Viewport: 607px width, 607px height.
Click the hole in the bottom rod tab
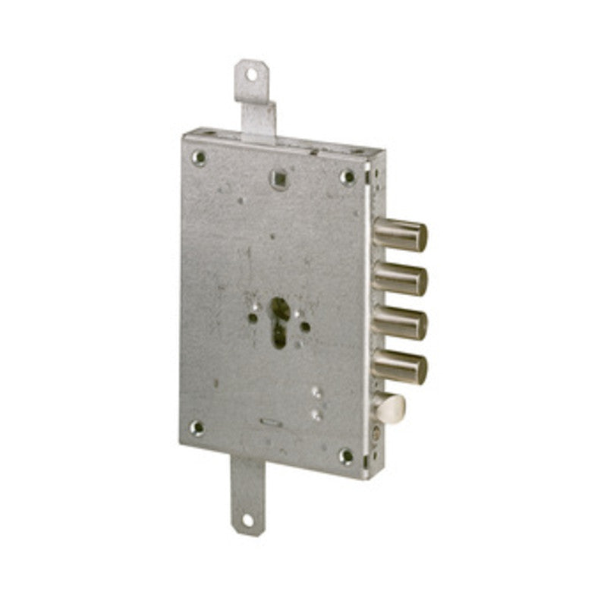pos(246,521)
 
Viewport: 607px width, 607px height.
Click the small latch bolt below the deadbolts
pos(390,408)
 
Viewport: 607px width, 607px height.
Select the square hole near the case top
pos(278,179)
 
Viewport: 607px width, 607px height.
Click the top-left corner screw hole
pos(199,157)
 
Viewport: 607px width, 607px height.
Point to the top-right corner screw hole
pos(348,177)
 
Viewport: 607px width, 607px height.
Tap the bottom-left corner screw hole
pos(197,427)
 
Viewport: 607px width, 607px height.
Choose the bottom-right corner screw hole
pos(346,456)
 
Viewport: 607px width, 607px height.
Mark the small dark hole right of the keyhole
pos(305,327)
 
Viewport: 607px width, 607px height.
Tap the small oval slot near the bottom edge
pos(269,422)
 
